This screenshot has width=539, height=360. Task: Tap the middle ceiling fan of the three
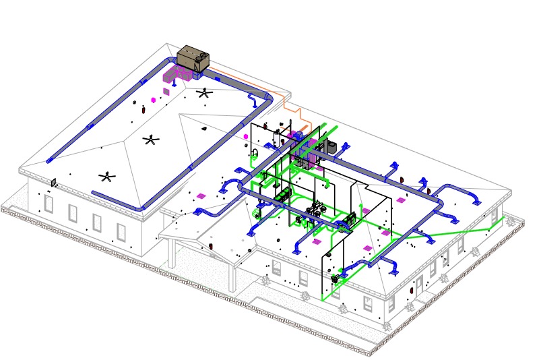[x=152, y=140]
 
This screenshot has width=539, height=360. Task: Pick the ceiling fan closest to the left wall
[x=107, y=177]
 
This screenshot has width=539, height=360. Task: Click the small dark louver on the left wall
[x=53, y=181]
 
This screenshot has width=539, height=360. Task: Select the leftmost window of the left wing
[x=49, y=203]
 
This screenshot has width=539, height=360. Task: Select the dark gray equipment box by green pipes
[x=331, y=146]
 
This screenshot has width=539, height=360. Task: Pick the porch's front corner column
[x=233, y=278]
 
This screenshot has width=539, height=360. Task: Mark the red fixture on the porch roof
[x=214, y=247]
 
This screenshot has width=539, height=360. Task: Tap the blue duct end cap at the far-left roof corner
[x=49, y=160]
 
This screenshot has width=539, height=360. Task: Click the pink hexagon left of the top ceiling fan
[x=154, y=100]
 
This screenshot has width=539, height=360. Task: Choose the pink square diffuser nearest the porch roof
[x=200, y=196]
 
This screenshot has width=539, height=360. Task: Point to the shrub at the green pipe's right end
[x=490, y=229]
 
